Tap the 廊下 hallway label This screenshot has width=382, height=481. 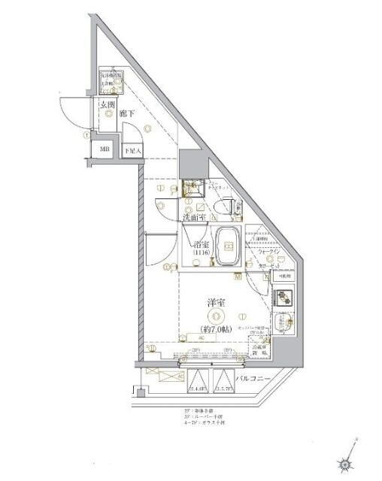127,113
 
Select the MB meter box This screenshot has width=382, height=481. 104,149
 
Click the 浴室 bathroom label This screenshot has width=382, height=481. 201,244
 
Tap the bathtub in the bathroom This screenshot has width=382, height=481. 228,247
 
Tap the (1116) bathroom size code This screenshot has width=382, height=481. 200,254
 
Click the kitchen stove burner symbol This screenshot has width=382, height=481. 284,298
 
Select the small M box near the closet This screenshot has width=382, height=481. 237,277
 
